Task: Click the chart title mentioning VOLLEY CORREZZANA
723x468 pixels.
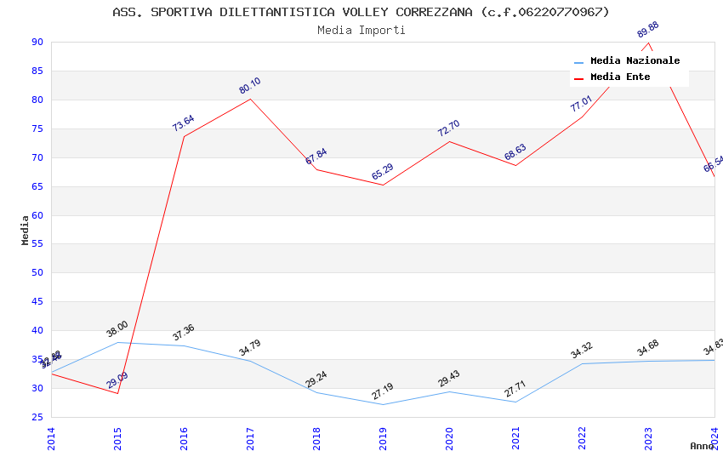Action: [361, 12]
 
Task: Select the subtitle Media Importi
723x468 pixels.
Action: [361, 31]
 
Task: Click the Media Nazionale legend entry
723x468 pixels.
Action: [635, 61]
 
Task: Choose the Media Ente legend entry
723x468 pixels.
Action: [620, 77]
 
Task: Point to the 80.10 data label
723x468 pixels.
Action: [250, 86]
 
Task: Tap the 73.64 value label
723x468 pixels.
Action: [184, 123]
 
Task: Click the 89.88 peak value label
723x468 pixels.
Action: [648, 30]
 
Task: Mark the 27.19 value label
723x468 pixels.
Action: [383, 391]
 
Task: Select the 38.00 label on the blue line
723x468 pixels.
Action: [117, 329]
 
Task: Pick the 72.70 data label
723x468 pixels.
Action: [449, 128]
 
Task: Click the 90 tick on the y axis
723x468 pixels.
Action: [37, 43]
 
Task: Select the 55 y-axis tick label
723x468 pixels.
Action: [37, 244]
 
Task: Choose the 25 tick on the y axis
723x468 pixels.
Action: [37, 417]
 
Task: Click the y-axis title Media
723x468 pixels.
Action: [26, 230]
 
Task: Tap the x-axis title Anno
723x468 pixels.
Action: [703, 446]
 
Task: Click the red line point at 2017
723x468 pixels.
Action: [250, 100]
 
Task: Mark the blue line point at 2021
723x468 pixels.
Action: [515, 402]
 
